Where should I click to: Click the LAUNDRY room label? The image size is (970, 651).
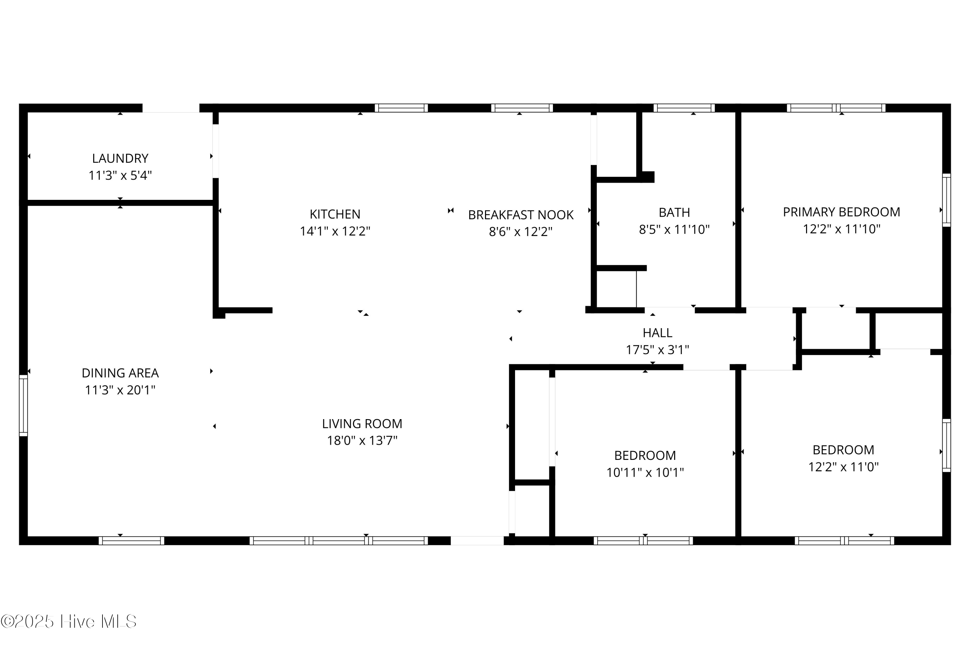pyautogui.click(x=120, y=158)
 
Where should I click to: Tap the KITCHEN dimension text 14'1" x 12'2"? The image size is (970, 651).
pyautogui.click(x=335, y=231)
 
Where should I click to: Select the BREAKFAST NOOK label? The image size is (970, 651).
pyautogui.click(x=521, y=215)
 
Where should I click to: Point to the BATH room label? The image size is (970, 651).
pyautogui.click(x=674, y=212)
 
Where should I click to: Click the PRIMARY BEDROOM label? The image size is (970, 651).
pyautogui.click(x=841, y=212)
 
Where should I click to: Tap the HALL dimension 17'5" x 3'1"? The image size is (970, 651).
pyautogui.click(x=657, y=350)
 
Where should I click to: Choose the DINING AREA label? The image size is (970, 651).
pyautogui.click(x=120, y=373)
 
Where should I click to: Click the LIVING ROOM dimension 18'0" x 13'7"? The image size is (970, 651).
pyautogui.click(x=362, y=440)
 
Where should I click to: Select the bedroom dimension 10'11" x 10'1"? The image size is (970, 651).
pyautogui.click(x=645, y=472)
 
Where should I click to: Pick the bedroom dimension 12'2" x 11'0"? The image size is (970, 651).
pyautogui.click(x=843, y=467)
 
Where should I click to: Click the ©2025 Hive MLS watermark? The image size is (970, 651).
pyautogui.click(x=69, y=622)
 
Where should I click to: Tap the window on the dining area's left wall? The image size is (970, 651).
pyautogui.click(x=23, y=406)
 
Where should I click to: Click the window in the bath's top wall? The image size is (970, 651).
pyautogui.click(x=684, y=108)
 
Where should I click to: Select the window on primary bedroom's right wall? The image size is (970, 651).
pyautogui.click(x=946, y=200)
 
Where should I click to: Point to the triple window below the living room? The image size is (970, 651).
pyautogui.click(x=338, y=541)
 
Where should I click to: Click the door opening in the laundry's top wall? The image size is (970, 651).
pyautogui.click(x=171, y=108)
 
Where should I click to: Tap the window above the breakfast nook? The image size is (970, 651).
pyautogui.click(x=522, y=108)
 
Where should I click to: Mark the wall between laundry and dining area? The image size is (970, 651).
pyautogui.click(x=120, y=202)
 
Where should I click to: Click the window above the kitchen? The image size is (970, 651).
pyautogui.click(x=401, y=108)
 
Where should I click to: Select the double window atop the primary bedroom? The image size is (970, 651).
pyautogui.click(x=836, y=108)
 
